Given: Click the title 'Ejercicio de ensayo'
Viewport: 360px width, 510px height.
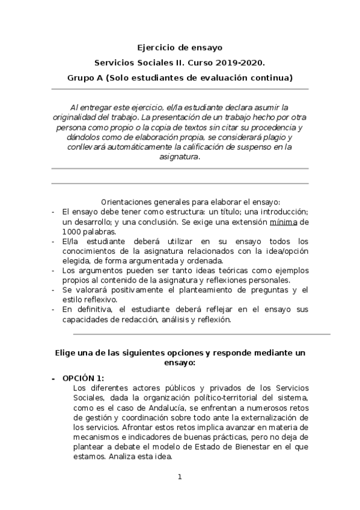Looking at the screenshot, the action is click(x=180, y=47).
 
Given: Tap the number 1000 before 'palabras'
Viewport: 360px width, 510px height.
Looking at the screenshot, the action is click(x=73, y=232).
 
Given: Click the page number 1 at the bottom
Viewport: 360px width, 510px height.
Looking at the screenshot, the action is click(x=180, y=477).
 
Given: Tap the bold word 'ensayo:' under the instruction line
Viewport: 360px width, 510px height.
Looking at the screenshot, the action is click(x=180, y=363).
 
